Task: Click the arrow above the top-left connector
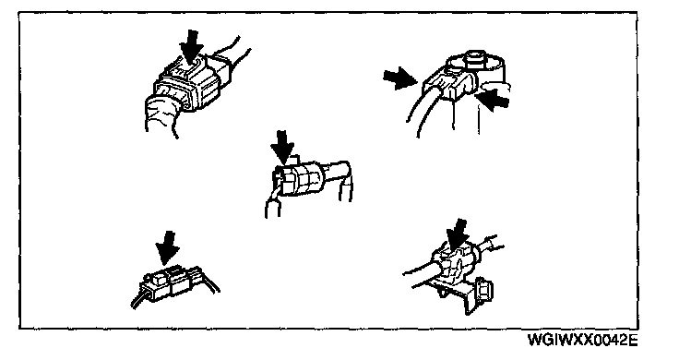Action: tap(191, 46)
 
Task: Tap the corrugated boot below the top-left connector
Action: tap(163, 114)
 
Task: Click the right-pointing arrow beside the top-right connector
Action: tap(399, 78)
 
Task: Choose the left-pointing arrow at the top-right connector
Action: tap(494, 99)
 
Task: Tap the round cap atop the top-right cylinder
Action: tap(474, 57)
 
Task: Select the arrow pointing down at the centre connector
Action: tap(282, 147)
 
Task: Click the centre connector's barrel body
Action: tap(300, 177)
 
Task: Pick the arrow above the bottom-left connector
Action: tap(168, 247)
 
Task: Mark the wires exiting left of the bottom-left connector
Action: tap(139, 299)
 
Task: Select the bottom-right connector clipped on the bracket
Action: tap(453, 264)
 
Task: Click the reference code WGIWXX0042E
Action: tap(582, 340)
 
